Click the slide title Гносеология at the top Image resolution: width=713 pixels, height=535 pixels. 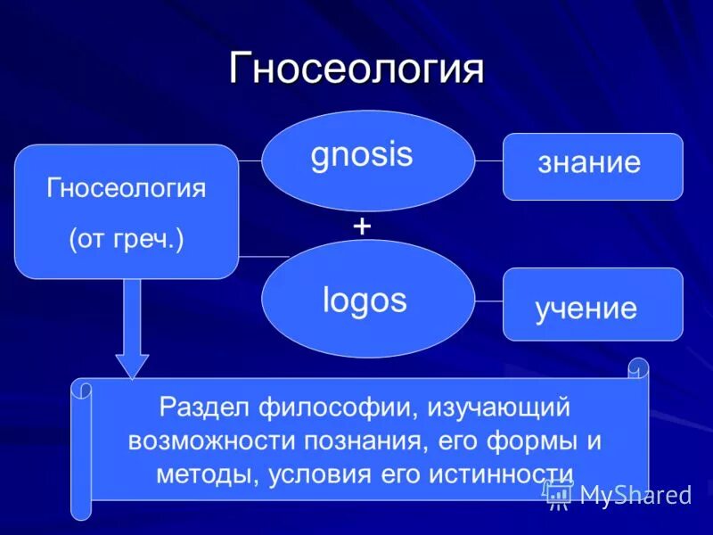click(356, 69)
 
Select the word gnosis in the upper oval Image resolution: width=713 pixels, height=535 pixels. click(362, 154)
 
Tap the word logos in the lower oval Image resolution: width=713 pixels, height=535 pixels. click(365, 300)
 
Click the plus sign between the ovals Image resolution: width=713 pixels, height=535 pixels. click(362, 226)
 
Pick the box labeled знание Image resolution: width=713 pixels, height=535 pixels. click(593, 166)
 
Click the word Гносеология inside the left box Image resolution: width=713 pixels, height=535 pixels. click(126, 188)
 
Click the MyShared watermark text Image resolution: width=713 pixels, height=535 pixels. click(635, 495)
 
